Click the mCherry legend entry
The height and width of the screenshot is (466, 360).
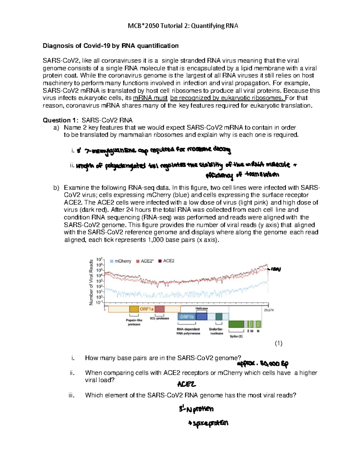[x=121, y=261]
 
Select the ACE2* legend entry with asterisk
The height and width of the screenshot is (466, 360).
[x=145, y=261]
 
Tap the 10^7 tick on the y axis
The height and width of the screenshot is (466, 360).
[x=99, y=259]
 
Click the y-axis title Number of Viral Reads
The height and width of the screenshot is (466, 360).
[x=91, y=282]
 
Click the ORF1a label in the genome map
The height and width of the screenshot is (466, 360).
[x=146, y=309]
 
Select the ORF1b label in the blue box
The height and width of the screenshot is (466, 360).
[x=187, y=317]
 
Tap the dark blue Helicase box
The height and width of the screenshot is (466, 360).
[x=202, y=316]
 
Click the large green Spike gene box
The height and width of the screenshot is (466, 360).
[x=236, y=324]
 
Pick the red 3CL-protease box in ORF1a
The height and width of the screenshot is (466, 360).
[x=160, y=309]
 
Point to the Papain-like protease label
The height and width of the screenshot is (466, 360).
[x=134, y=322]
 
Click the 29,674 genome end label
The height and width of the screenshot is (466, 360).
[x=269, y=310]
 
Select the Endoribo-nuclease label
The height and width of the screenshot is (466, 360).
[x=216, y=331]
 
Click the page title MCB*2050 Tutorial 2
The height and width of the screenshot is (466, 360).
[x=183, y=26]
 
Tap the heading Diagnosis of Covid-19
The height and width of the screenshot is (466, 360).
[x=110, y=46]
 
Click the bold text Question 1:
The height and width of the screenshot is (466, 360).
[x=61, y=120]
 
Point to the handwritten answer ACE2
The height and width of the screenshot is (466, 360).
[x=187, y=384]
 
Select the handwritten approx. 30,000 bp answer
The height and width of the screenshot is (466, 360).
[x=262, y=364]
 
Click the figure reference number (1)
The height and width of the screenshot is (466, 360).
[x=278, y=343]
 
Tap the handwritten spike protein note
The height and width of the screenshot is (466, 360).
[x=208, y=423]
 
